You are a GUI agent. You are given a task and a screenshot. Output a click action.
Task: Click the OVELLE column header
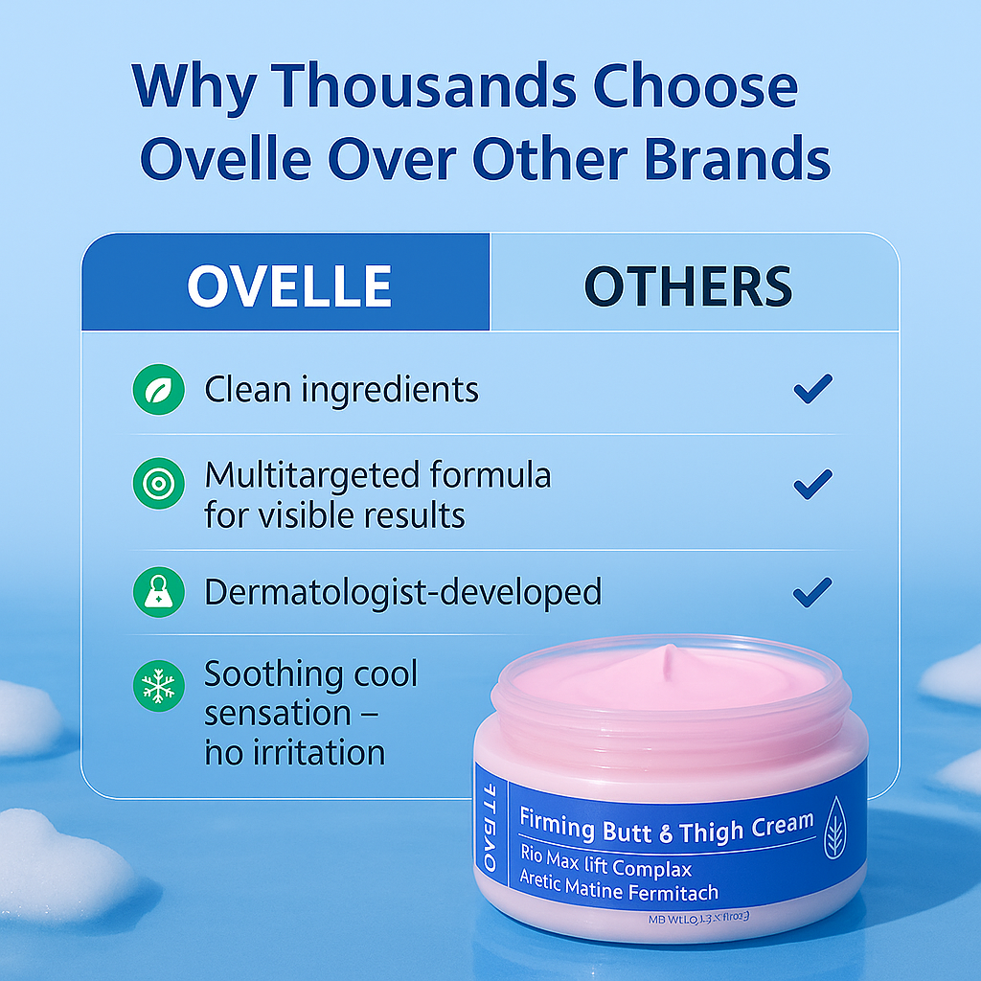tap(289, 285)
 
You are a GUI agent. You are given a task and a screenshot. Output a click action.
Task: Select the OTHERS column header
tap(688, 285)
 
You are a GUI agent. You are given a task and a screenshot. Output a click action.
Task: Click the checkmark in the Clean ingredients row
tap(812, 389)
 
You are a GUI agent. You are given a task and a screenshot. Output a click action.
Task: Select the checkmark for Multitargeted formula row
tap(812, 485)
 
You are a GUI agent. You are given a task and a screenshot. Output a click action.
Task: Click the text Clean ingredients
tap(341, 390)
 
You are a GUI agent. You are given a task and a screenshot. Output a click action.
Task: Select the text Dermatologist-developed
tap(402, 592)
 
